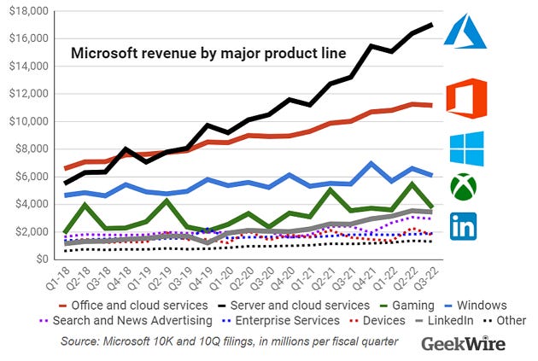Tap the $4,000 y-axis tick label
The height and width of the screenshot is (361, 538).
click(x=30, y=204)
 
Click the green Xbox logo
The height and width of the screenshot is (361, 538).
click(x=464, y=187)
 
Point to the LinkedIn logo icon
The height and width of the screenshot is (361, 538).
click(x=464, y=226)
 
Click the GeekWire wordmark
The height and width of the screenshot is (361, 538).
click(x=463, y=343)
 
